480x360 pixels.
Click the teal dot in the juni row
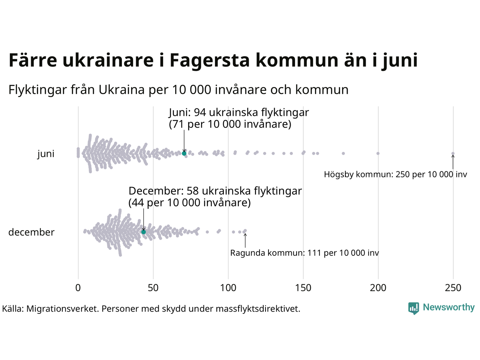click(184, 153)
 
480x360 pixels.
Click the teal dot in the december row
click(143, 232)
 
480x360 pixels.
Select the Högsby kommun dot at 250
click(453, 153)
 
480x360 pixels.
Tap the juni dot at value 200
click(378, 153)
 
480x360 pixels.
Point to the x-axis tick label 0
click(78, 288)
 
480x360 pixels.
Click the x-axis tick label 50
click(153, 288)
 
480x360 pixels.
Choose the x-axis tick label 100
click(228, 288)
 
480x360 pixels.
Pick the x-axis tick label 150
click(303, 288)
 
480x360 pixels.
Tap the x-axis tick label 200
click(378, 288)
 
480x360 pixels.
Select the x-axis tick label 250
click(453, 288)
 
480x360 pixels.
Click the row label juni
click(46, 154)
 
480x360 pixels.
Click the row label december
click(31, 232)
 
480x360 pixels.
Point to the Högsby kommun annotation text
click(395, 174)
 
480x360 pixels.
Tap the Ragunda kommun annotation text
click(304, 253)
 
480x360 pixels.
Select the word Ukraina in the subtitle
click(121, 90)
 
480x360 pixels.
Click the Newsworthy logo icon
click(413, 308)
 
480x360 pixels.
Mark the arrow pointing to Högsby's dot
click(453, 162)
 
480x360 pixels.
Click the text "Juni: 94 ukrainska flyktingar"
click(239, 112)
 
